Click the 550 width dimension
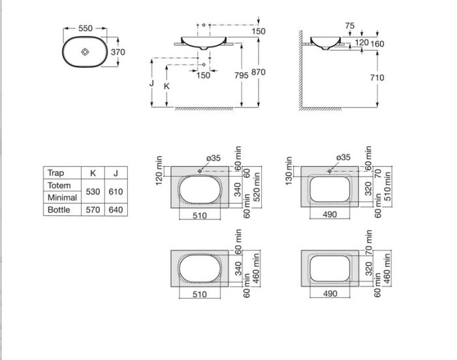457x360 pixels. click(86, 28)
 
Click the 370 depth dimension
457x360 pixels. click(118, 52)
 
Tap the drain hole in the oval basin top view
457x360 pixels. click(85, 52)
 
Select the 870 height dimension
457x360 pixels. click(259, 72)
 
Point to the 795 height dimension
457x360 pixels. click(242, 76)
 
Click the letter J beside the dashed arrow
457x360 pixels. click(151, 83)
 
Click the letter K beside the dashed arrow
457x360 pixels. click(166, 86)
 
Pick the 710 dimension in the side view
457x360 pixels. click(377, 78)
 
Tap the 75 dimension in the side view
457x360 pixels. click(350, 26)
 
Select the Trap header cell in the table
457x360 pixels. click(55, 173)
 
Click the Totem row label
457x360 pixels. click(59, 185)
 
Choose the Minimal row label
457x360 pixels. click(62, 198)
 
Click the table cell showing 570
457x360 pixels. click(93, 210)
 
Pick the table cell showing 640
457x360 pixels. click(116, 210)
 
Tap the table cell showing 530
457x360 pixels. click(93, 192)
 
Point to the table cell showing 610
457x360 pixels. click(116, 192)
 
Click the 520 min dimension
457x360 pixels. click(257, 187)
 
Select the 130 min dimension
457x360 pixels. click(289, 171)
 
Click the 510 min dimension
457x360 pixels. click(387, 186)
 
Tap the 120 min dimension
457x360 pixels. click(159, 171)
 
